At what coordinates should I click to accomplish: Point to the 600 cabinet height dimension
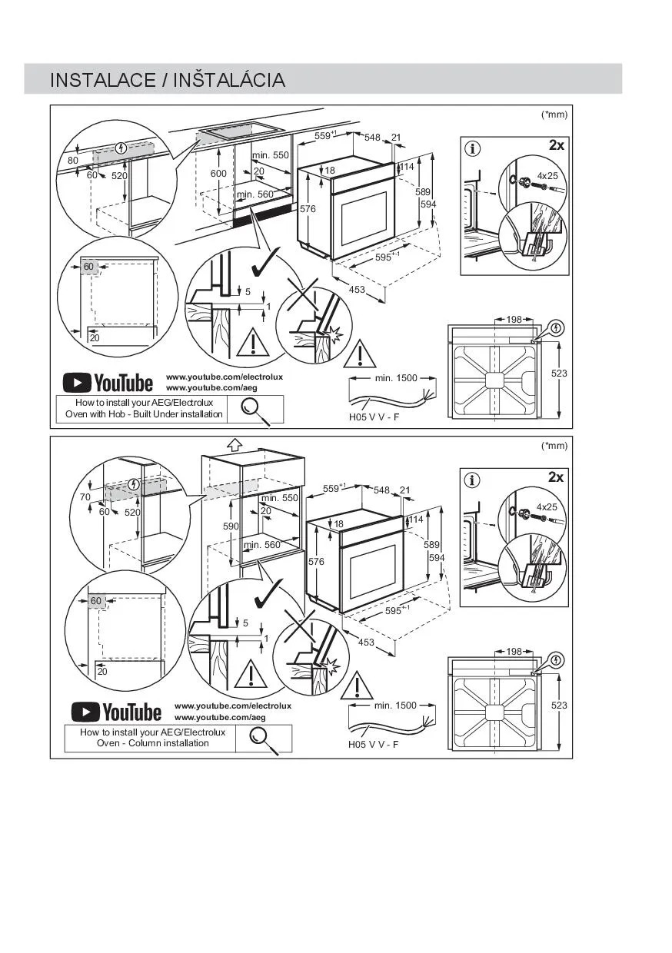[x=219, y=174]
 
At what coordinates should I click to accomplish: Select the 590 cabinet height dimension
[x=231, y=526]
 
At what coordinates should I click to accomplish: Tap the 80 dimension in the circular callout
[x=73, y=161]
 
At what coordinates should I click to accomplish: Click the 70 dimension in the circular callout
[x=85, y=497]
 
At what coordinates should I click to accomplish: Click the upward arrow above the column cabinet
[x=235, y=443]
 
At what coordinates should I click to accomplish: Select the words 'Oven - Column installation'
[x=152, y=743]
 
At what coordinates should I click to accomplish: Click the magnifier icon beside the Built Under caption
[x=255, y=410]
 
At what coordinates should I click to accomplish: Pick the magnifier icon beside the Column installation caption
[x=264, y=738]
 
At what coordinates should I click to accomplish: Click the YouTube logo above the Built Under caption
[x=108, y=382]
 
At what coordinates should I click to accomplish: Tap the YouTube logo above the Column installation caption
[x=116, y=712]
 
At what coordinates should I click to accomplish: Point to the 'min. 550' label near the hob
[x=270, y=155]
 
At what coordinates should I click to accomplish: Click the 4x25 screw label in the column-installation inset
[x=547, y=507]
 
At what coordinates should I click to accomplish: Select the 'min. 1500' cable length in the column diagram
[x=395, y=706]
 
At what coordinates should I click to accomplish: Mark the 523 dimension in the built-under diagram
[x=559, y=373]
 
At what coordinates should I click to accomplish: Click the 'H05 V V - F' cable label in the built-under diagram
[x=374, y=417]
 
